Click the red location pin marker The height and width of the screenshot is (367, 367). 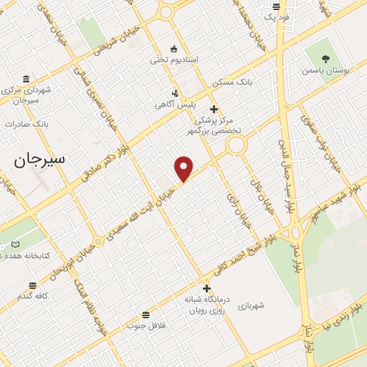184,168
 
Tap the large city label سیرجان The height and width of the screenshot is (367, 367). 39,158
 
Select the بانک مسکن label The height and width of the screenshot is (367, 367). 233,82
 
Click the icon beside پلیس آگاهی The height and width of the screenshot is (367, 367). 175,92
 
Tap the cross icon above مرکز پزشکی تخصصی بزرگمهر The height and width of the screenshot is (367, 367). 213,109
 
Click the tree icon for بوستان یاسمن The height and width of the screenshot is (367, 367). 326,59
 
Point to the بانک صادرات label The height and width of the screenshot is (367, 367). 25,123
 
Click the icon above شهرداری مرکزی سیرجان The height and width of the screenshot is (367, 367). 27,78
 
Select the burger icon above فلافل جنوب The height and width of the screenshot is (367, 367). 146,314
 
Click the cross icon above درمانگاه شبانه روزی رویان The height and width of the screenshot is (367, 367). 206,288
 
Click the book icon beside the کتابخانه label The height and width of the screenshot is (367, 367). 16,244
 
